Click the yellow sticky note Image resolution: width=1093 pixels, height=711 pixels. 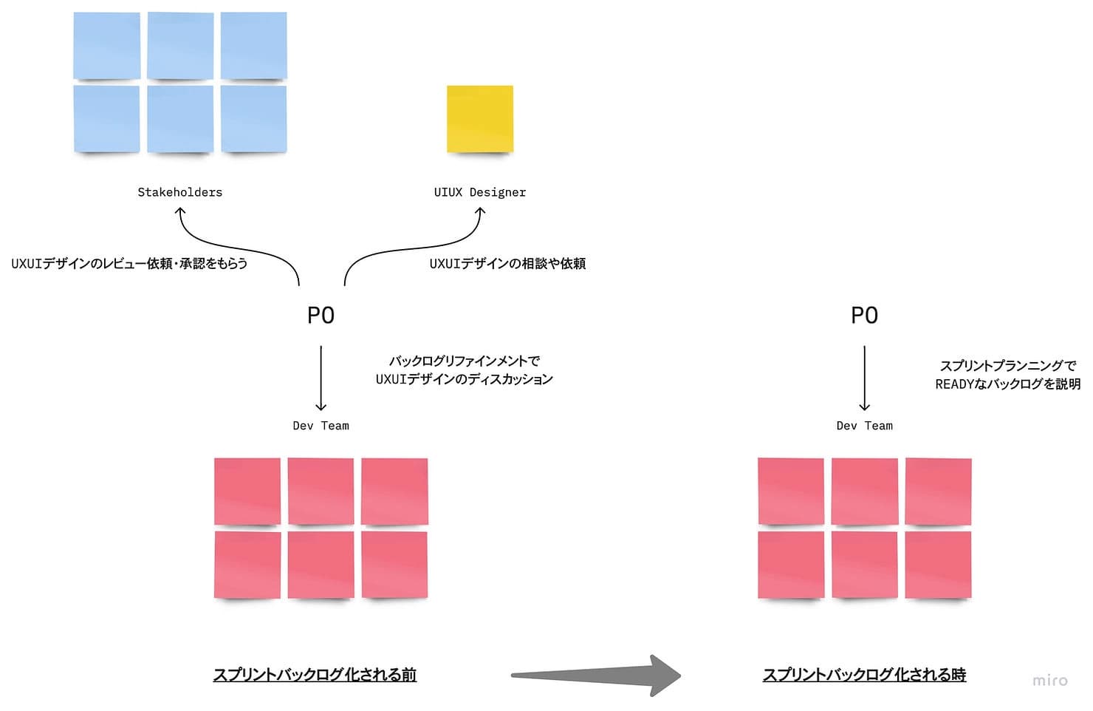click(479, 119)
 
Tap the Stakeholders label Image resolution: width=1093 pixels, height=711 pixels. click(179, 192)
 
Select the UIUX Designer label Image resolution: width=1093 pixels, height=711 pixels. click(479, 192)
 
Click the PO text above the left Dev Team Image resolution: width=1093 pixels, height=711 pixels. click(321, 316)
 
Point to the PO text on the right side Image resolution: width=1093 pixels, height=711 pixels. click(864, 316)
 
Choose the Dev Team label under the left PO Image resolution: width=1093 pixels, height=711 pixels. click(321, 426)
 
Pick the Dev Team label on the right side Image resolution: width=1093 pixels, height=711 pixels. click(864, 426)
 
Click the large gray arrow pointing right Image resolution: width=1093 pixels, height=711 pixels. click(595, 675)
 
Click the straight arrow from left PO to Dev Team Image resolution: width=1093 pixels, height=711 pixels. click(321, 377)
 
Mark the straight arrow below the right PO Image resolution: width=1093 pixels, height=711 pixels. click(864, 377)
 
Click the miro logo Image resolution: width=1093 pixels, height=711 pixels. click(1049, 680)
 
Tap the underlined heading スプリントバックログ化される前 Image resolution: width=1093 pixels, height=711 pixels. click(315, 675)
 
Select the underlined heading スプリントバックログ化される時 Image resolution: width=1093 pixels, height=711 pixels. click(864, 675)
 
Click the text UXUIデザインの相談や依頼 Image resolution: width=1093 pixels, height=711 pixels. click(507, 264)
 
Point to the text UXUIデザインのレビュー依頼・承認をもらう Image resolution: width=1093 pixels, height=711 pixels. click(129, 264)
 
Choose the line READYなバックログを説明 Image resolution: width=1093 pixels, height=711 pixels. click(1007, 384)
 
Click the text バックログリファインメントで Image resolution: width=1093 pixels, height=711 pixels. click(464, 361)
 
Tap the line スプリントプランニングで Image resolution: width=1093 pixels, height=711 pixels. click(1007, 365)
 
